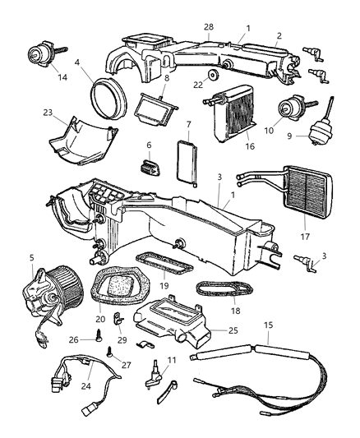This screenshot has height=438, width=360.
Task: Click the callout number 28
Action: click(x=209, y=27)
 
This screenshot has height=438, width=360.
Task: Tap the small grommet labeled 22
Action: click(x=213, y=76)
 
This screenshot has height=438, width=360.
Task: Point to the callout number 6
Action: click(x=149, y=145)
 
